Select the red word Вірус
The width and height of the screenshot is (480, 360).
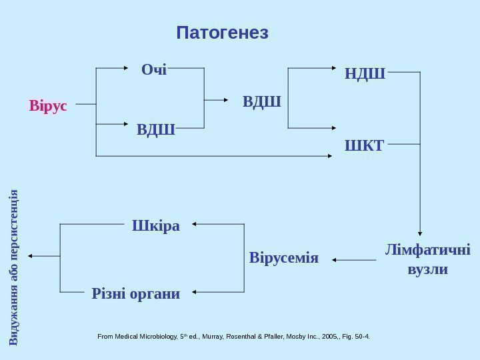point(48,105)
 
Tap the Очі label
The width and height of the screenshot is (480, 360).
point(154,69)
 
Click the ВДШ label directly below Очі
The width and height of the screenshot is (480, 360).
point(155,127)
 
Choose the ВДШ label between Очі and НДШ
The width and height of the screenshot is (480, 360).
point(261,102)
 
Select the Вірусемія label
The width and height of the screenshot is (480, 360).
point(284,257)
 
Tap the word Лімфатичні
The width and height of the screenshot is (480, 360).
point(427,251)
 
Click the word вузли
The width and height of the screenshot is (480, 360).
point(427,271)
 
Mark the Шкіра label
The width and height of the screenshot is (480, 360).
point(156,225)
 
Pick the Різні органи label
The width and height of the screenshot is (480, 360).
point(136,293)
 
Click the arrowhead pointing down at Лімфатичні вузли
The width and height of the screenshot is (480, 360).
point(420,229)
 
